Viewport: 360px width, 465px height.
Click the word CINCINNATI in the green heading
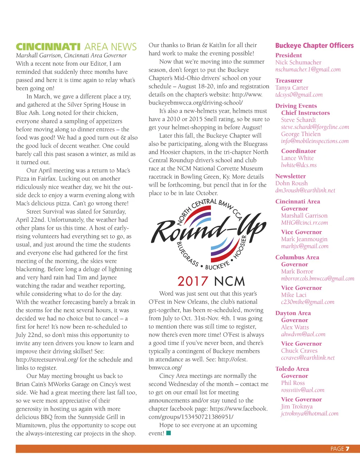48,47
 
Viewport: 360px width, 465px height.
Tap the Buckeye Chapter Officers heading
314,46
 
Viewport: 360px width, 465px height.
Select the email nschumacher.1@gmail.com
308,70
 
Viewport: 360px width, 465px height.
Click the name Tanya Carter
292,88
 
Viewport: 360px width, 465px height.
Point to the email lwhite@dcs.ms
299,165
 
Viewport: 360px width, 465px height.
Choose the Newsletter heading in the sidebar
290,176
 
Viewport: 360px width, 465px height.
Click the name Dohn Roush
291,183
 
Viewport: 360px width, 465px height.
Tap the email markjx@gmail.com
305,246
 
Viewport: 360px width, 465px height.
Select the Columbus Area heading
297,257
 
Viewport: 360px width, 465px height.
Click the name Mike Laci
294,295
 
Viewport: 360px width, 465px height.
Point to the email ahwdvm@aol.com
303,334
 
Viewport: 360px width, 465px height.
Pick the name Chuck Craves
299,351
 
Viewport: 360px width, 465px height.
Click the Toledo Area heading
292,369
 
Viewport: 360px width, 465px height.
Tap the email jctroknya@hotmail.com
309,414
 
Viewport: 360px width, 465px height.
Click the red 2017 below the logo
193,281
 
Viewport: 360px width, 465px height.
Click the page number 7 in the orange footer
347,449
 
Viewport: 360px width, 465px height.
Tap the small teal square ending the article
168,433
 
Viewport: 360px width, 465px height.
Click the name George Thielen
301,134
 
